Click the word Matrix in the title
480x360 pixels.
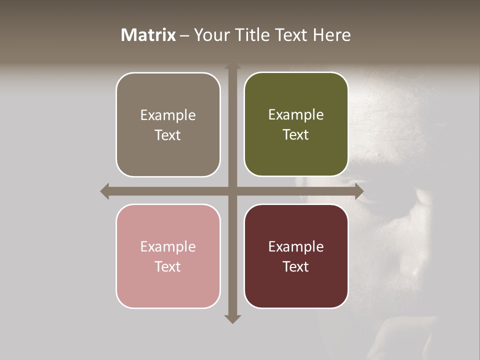tap(148, 35)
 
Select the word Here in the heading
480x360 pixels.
tap(331, 35)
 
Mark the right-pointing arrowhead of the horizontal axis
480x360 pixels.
tap(359, 191)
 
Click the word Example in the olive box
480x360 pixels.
tap(296, 114)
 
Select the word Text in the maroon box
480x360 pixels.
tap(296, 266)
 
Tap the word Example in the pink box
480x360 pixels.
tap(168, 246)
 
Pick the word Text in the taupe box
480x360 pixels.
tap(168, 135)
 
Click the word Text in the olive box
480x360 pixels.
tap(296, 134)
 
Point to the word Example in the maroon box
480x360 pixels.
tap(296, 246)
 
